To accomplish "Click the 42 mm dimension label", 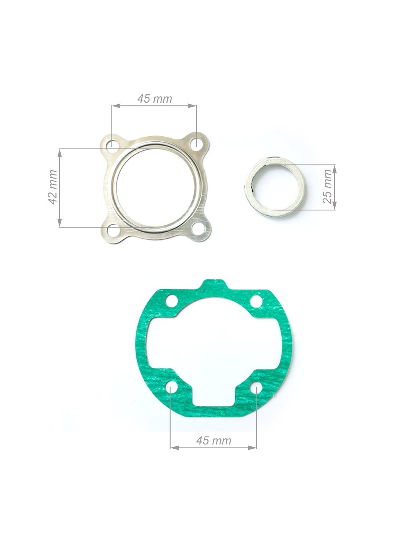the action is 53,187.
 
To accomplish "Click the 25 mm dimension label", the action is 327,186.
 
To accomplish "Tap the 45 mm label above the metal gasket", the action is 155,99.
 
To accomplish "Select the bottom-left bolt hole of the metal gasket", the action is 111,229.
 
